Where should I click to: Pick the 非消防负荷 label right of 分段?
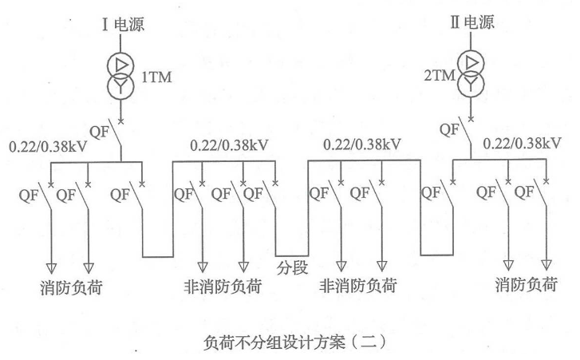pyautogui.click(x=359, y=285)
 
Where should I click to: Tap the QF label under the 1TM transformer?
pyautogui.click(x=99, y=133)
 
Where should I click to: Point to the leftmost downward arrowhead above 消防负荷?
pyautogui.click(x=49, y=267)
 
